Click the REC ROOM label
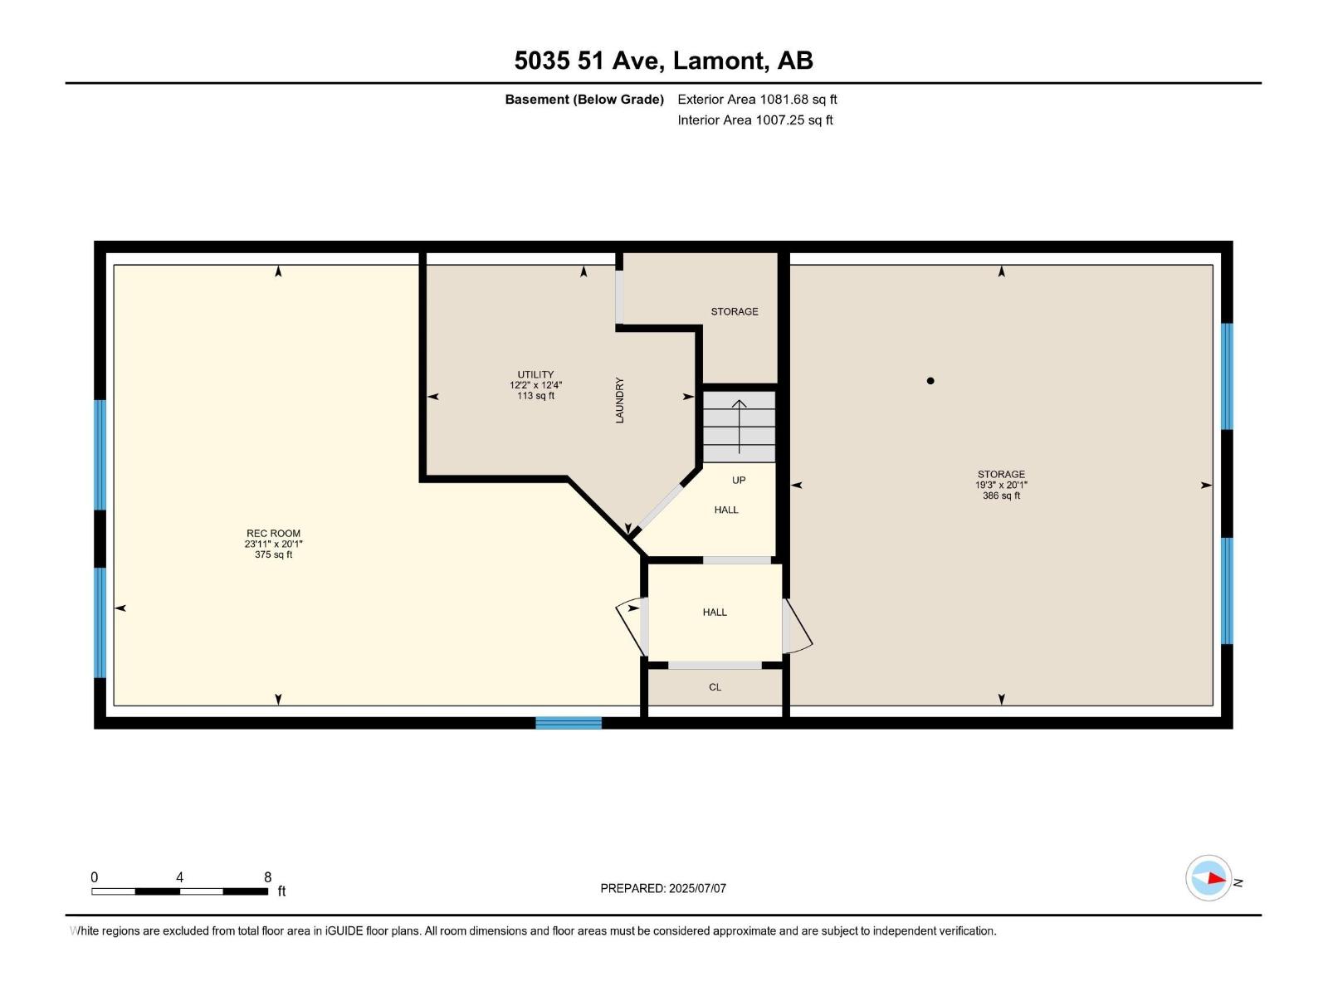[273, 534]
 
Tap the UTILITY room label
[535, 374]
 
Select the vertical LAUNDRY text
[619, 400]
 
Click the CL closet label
[715, 687]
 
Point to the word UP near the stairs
[739, 481]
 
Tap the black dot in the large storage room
[930, 381]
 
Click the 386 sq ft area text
[1001, 496]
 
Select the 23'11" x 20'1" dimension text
[273, 544]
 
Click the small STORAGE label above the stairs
[734, 312]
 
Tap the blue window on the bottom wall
[569, 723]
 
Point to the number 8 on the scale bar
[267, 877]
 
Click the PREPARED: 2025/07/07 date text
[663, 888]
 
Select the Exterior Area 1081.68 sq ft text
[757, 100]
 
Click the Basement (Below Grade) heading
[584, 100]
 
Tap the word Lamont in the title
[719, 61]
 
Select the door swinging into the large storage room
[796, 627]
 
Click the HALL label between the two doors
[715, 613]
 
